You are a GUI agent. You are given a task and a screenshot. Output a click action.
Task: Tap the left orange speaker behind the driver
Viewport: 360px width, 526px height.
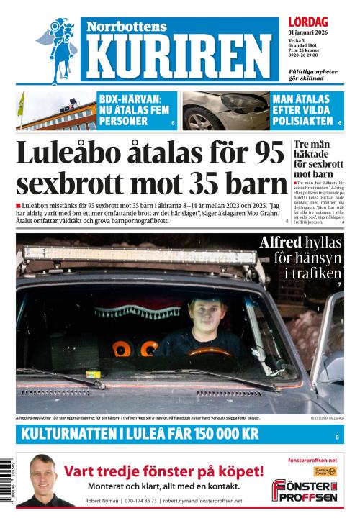click(122, 348)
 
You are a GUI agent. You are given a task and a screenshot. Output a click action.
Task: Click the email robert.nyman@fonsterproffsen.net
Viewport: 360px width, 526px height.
click(202, 500)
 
